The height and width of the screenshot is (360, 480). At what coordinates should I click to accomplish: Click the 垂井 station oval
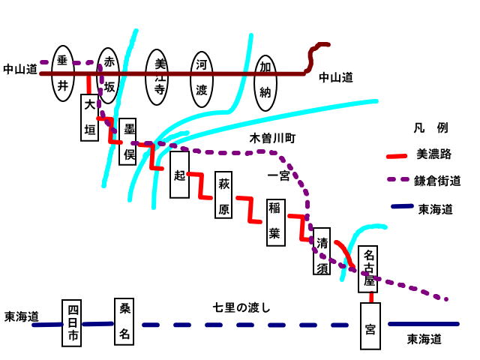pos(63,73)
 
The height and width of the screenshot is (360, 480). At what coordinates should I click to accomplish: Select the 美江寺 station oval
pos(158,73)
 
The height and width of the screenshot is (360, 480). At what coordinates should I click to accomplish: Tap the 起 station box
pos(179,175)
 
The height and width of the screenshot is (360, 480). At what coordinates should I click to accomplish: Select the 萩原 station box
pos(223,196)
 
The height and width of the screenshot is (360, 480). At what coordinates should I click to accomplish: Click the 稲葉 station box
pos(274,221)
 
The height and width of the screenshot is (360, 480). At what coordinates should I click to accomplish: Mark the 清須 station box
pos(322,252)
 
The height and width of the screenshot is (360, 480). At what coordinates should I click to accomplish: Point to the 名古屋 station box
pos(369,269)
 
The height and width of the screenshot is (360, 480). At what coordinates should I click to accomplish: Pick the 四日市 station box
pos(71,322)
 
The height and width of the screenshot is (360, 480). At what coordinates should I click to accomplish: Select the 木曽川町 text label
pos(274,139)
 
